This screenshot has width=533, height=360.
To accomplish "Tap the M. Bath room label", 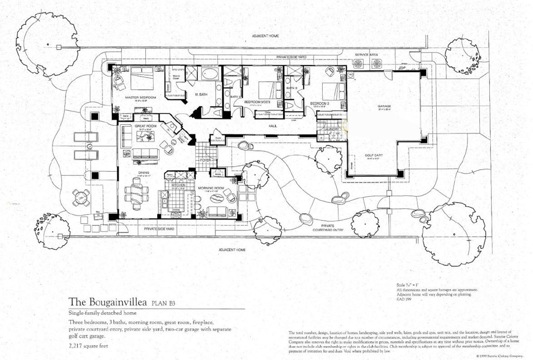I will [201, 94].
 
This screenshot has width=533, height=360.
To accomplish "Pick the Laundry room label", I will [331, 128].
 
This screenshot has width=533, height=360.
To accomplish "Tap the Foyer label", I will [206, 160].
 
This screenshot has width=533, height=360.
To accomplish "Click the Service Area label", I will [366, 55].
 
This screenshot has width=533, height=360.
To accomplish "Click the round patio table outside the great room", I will [81, 196].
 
